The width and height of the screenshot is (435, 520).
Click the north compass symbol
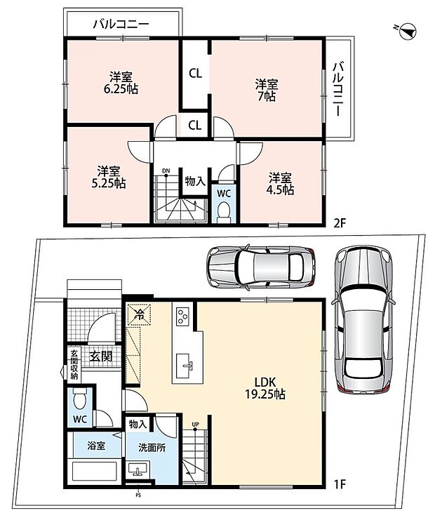408,31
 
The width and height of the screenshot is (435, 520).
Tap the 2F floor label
340,222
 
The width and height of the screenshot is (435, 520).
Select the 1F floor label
339,484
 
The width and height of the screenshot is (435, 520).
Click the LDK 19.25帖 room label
265,388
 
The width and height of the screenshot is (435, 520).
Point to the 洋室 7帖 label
267,91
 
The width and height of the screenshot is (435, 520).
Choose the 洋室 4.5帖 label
280,184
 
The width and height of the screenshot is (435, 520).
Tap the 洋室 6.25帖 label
121,83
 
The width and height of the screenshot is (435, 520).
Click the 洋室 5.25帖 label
109,178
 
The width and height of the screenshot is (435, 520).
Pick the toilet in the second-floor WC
224,212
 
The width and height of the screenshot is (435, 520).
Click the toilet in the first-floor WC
79,399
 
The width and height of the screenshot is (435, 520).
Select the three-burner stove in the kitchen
182,316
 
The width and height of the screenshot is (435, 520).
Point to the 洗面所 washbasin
138,470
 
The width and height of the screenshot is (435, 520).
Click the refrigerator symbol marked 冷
139,314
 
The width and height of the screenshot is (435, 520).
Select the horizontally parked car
261,267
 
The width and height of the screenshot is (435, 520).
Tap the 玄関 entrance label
102,356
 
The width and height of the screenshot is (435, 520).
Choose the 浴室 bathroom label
96,446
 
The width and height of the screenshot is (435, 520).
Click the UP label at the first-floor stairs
195,424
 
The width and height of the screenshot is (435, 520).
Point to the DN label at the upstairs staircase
166,171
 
